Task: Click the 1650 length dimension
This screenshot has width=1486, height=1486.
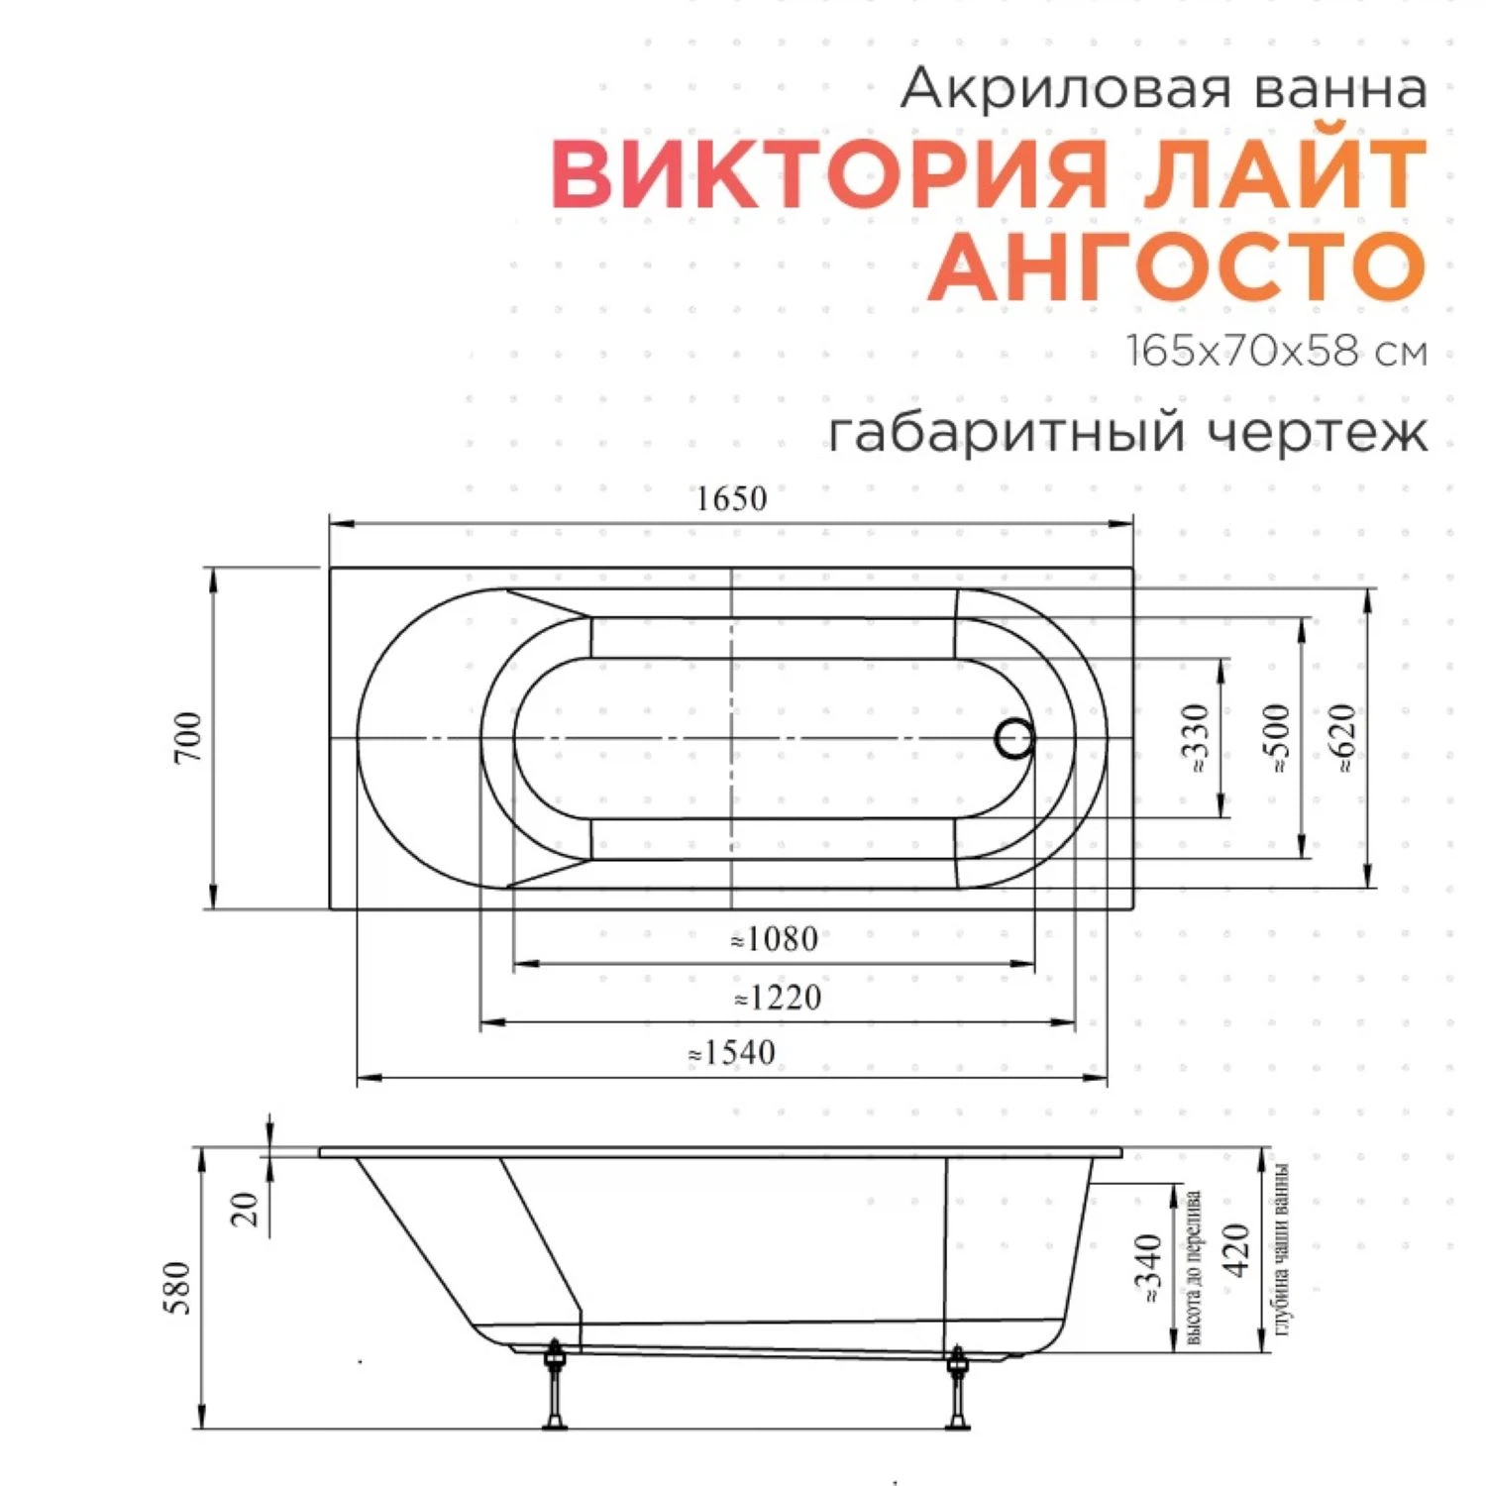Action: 731,498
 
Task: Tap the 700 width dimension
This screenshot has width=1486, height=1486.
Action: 188,737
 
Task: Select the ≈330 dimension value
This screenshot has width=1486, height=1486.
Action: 1197,738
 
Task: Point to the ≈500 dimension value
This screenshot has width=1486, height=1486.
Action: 1278,738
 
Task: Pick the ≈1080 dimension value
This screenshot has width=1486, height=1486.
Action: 775,939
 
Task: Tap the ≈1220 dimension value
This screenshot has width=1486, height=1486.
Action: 778,998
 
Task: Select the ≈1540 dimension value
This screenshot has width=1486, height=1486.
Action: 733,1053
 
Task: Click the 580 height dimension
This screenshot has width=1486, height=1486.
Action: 178,1288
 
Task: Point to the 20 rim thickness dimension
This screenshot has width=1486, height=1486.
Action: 246,1209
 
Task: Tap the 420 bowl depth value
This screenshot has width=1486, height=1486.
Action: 1238,1250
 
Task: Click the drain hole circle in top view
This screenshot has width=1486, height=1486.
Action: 1015,739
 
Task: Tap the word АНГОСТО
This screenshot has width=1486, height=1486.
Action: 1177,266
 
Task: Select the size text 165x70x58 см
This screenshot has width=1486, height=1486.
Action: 1276,352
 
